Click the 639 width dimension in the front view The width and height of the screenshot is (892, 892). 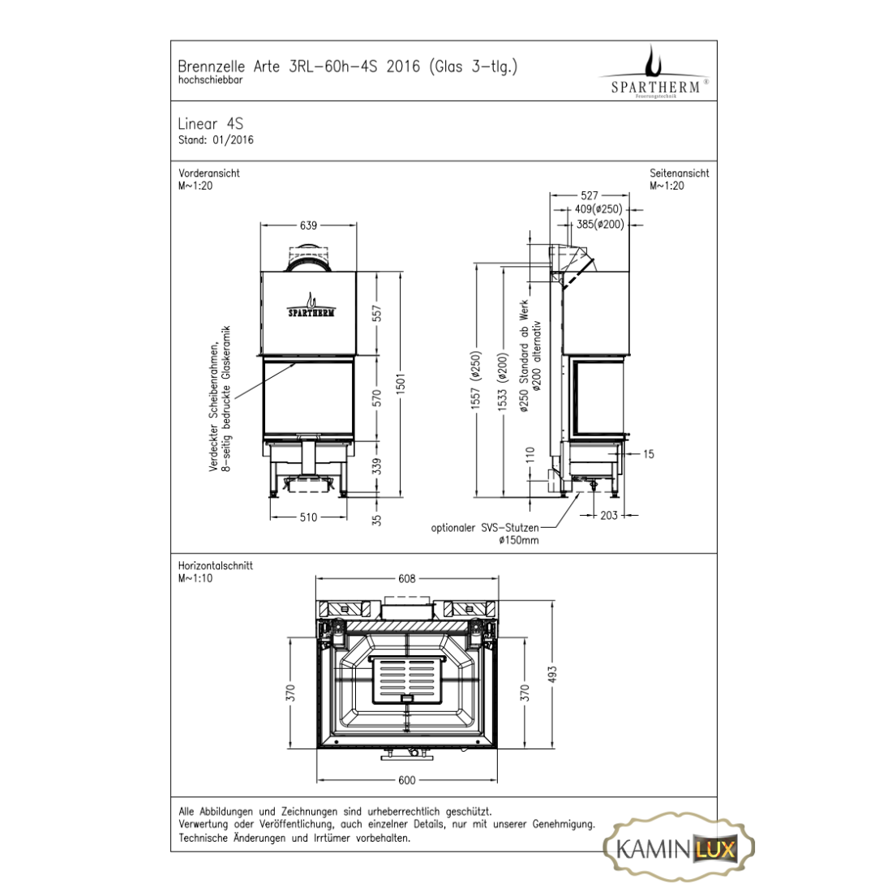coord(308,225)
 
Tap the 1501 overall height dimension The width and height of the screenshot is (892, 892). coord(401,384)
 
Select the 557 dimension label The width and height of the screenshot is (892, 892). coord(376,314)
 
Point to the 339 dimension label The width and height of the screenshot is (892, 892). coord(376,466)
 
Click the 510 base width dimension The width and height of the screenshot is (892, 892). coord(308,517)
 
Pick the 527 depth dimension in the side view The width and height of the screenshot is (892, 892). coord(590,195)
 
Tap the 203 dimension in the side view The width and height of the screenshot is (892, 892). coord(609,515)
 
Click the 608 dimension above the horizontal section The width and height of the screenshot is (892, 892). coord(407,578)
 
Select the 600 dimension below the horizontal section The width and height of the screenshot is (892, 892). coord(407,780)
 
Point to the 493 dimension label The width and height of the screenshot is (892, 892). coord(551,675)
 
